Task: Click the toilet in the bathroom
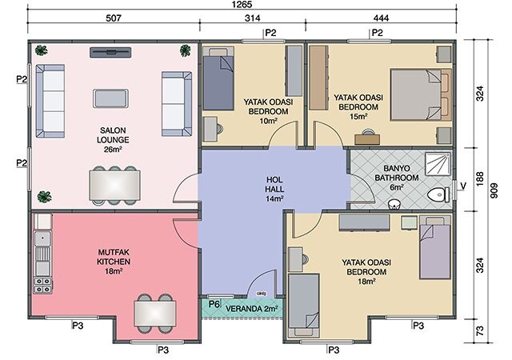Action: [x=438, y=195]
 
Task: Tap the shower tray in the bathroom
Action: [x=438, y=164]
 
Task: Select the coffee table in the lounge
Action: [x=110, y=98]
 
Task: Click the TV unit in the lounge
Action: [x=110, y=52]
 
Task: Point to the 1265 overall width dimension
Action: [x=242, y=5]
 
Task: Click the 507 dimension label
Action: [x=114, y=18]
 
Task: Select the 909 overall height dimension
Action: [x=494, y=190]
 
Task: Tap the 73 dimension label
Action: [x=480, y=330]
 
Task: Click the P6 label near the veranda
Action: [x=214, y=304]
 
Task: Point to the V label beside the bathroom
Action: [x=463, y=186]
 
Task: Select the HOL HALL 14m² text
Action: [x=274, y=189]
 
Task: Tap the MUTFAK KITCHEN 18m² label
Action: [x=114, y=262]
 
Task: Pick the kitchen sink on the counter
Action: [x=42, y=238]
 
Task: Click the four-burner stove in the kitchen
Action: [x=42, y=285]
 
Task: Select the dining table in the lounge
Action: [x=114, y=186]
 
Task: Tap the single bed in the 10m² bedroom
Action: [x=218, y=78]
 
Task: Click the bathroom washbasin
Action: [x=395, y=205]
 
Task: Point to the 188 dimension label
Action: [x=480, y=178]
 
